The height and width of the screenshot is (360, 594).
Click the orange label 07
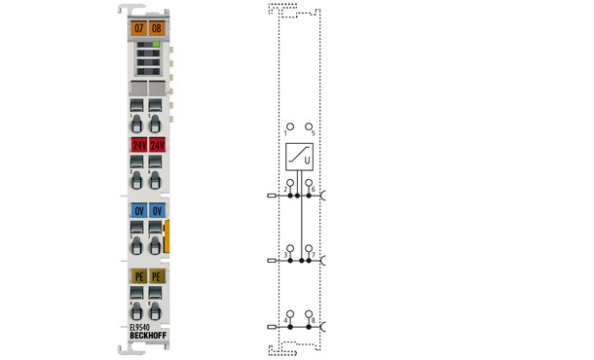[138, 29]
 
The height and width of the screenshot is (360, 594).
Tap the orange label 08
[157, 29]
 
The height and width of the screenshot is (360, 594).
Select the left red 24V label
[138, 145]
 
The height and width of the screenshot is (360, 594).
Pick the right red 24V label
[157, 145]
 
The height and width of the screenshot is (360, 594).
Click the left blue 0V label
[138, 210]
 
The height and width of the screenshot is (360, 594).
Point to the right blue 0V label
[157, 210]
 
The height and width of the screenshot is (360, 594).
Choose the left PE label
[138, 276]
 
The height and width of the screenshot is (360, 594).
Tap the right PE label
[157, 276]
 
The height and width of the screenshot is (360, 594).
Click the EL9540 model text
[141, 327]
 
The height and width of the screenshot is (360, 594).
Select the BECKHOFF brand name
[147, 337]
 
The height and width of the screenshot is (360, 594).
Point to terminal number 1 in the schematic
[286, 133]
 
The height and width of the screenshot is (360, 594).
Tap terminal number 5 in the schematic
[313, 133]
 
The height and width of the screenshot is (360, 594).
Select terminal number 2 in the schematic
[284, 187]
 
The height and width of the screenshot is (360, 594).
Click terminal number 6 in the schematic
[313, 187]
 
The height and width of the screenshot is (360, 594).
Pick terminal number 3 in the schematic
[284, 255]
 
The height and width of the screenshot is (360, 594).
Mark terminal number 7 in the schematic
[313, 255]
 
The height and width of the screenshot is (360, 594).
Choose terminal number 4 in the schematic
[284, 320]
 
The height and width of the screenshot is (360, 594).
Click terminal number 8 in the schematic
[313, 320]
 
